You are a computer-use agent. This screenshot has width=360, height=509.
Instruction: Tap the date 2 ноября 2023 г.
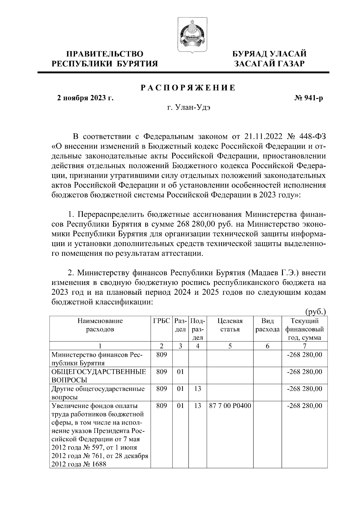click(x=85, y=98)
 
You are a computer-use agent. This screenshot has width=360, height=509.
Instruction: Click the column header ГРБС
click(x=161, y=321)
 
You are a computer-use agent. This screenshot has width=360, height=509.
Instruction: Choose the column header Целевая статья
click(x=230, y=325)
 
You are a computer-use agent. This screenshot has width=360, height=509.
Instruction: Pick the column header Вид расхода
click(x=268, y=325)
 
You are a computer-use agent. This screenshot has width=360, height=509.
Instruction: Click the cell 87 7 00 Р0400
click(x=230, y=406)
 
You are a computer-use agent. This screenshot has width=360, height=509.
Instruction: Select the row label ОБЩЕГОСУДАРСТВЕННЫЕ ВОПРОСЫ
click(x=99, y=376)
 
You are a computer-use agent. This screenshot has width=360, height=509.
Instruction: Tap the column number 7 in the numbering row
click(x=304, y=346)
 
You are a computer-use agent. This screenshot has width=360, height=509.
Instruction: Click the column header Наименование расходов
click(x=100, y=325)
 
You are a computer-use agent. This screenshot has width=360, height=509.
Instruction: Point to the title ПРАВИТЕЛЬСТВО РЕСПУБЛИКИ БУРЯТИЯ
click(x=105, y=59)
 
